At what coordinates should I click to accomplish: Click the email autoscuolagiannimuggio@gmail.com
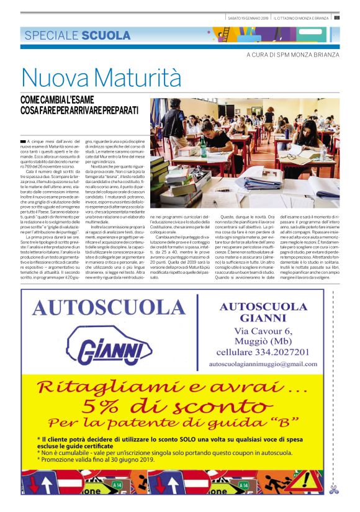tap(272, 363)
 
